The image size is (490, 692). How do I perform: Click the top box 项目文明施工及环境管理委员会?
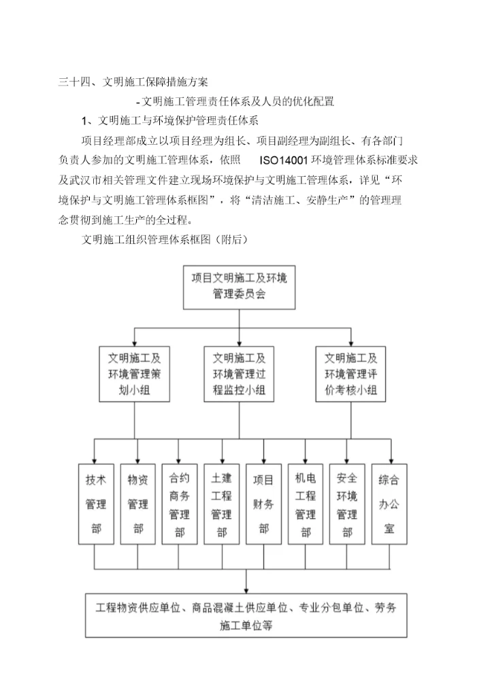pos(238,286)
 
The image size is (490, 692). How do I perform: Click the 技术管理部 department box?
pos(95,504)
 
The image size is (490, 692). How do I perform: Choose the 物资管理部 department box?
pos(137,504)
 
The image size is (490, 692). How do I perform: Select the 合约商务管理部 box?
pos(180,504)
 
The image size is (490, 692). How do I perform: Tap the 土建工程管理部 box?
pos(222,504)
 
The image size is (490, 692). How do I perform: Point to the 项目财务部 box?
pos(264,504)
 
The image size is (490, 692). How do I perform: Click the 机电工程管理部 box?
pos(306,504)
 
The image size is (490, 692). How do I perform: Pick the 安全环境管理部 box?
pos(348,504)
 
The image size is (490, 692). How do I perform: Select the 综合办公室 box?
pos(389,504)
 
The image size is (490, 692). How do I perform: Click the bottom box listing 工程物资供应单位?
pos(246,616)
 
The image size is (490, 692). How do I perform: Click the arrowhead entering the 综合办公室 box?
pos(390,460)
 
